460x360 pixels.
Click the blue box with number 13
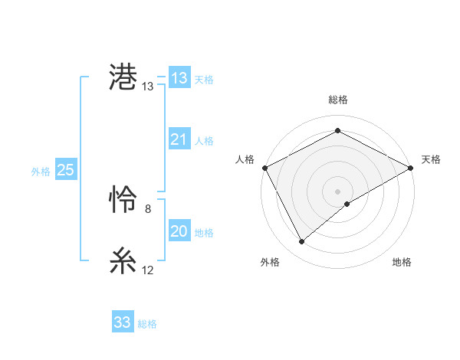click(179, 78)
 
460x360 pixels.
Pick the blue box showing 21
click(179, 139)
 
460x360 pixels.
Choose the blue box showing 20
click(179, 231)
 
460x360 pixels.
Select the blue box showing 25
click(66, 170)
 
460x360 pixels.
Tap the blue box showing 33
click(123, 322)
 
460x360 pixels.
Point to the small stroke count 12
click(148, 270)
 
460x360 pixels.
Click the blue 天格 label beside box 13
click(204, 80)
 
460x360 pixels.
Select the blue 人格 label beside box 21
click(204, 141)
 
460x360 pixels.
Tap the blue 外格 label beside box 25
click(41, 172)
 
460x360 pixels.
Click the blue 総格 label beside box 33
click(147, 324)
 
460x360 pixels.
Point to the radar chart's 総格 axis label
click(337, 100)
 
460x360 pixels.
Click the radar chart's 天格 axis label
click(431, 159)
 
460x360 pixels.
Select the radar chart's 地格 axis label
click(402, 263)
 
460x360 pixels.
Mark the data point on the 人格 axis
click(264, 167)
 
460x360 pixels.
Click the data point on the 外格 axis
click(302, 241)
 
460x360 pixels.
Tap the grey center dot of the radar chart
click(337, 191)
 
